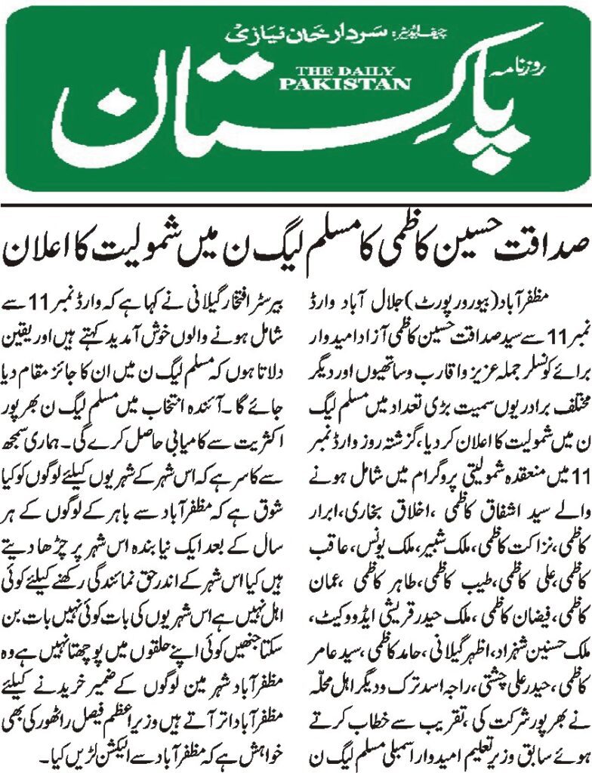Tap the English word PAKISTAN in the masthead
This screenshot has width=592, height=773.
pyautogui.click(x=325, y=82)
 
